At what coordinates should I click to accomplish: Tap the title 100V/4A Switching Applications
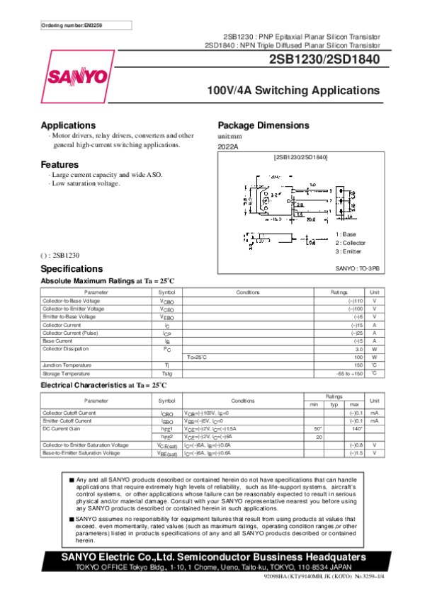[293, 91]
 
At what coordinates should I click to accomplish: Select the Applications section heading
[68, 125]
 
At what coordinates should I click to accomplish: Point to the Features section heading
[59, 164]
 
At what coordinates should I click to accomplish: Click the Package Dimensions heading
[263, 125]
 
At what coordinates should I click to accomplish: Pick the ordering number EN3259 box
[76, 26]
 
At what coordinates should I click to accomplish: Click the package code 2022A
[228, 146]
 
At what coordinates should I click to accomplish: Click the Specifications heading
[72, 269]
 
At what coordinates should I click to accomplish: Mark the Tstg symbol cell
[167, 373]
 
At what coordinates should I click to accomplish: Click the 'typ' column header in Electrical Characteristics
[334, 404]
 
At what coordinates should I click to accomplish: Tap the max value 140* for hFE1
[357, 429]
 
